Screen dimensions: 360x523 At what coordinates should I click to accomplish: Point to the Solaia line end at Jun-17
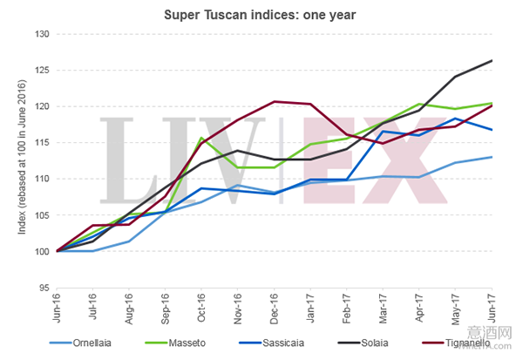[492, 60]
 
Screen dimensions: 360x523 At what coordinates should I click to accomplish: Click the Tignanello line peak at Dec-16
[275, 102]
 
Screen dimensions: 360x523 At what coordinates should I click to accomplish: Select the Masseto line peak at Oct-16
[202, 138]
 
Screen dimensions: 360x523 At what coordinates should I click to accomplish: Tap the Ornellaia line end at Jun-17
[492, 157]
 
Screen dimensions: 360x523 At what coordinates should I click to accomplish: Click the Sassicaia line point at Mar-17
[384, 132]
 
